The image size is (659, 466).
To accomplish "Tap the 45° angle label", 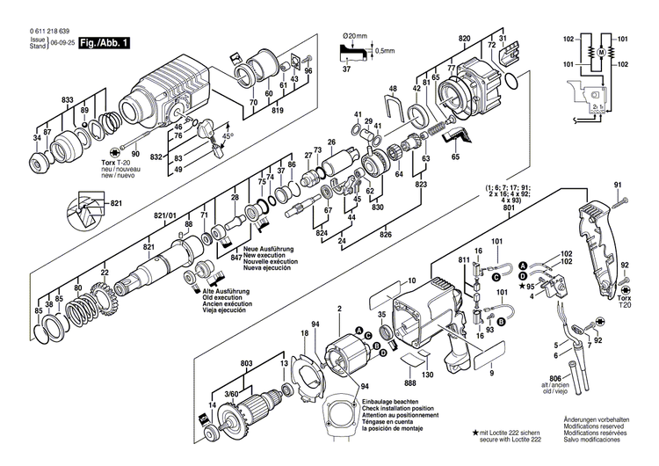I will [x=228, y=136].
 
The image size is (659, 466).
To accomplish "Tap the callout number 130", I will [x=428, y=375].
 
